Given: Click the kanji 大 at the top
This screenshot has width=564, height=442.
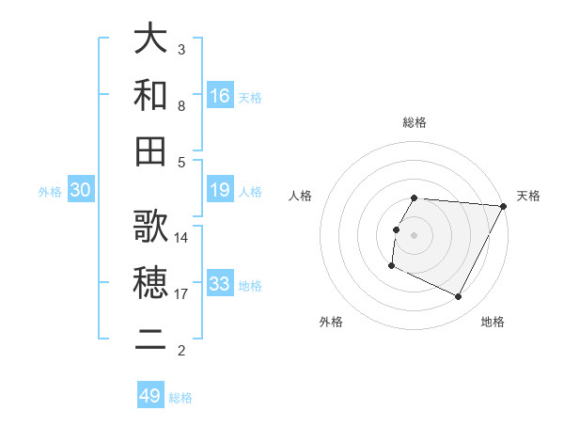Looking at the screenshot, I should pos(151,39).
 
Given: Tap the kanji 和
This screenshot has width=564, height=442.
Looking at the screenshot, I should pos(151,95).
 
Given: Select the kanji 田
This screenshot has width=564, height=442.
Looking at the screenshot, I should pos(151,150).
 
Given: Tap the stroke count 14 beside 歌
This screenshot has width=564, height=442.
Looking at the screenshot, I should pos(182,237).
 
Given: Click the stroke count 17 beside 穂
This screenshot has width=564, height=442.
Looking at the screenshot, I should pos(182,294).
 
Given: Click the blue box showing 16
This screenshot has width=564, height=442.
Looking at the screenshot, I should pos(220,95).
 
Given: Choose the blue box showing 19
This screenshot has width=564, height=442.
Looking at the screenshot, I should pos(220,190).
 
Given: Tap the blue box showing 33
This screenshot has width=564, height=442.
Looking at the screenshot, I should pos(220,284).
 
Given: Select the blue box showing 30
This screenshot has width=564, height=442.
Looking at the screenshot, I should pos(81,190).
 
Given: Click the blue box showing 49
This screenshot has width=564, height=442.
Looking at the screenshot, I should pos(150,396).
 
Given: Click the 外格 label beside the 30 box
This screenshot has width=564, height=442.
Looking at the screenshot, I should pos(50,191).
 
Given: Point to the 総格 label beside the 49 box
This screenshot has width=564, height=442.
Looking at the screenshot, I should pos(180,397).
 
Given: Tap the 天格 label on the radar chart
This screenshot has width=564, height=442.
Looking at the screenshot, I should pos(528,196).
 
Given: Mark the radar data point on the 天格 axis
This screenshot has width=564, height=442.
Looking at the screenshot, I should pos(504,206).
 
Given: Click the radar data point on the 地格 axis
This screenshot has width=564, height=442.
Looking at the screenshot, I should pos(459,297).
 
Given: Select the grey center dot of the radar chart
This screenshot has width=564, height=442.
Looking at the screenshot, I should pos(415,235).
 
